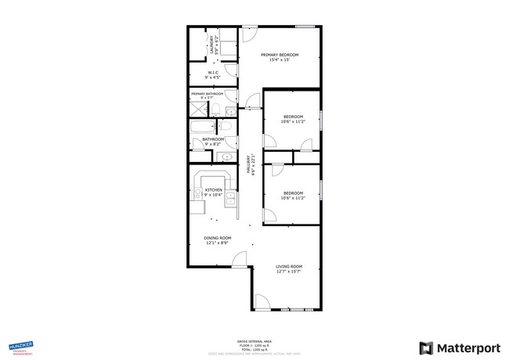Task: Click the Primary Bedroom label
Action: pos(280,55)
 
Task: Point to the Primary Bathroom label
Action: pos(207,94)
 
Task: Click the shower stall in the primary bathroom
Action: pos(197,108)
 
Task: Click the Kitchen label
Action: pos(214,189)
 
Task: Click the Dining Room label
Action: pos(218,238)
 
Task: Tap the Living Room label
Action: pos(288,267)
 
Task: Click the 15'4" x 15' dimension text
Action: pos(280,60)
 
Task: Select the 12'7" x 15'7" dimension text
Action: pos(288,272)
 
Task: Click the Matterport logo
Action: pos(451,347)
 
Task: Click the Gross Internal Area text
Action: pos(254,341)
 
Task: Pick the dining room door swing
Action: pos(240,261)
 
